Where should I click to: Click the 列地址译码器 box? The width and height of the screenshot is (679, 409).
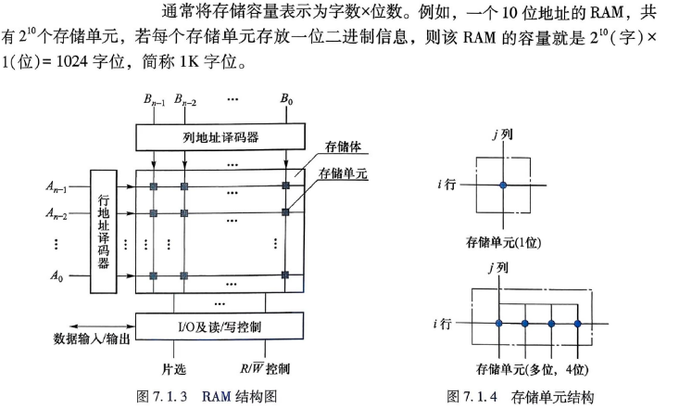220,137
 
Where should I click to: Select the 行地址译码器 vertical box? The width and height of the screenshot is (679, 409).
104,232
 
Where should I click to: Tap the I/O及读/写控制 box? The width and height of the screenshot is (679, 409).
220,326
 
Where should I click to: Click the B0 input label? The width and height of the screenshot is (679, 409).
286,99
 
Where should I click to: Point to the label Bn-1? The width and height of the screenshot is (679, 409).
154,100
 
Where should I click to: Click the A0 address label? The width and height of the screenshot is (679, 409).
57,275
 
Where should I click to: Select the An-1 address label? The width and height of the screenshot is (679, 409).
57,187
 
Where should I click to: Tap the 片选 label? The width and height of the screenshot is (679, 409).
173,369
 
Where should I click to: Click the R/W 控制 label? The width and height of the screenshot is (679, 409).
265,369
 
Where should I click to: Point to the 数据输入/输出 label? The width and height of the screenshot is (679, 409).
92,339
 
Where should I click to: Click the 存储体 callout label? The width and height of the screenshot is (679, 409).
343,147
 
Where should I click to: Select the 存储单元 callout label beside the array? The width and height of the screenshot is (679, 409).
343,173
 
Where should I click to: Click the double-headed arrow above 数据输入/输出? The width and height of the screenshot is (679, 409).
102,326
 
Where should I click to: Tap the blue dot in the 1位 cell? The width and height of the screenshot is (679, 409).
503,185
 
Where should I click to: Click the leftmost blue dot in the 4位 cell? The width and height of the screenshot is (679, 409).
499,323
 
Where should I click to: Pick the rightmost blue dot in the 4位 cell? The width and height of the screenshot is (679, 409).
577,324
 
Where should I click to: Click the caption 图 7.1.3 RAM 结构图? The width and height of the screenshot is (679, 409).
207,396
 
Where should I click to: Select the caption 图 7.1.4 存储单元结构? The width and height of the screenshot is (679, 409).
520,396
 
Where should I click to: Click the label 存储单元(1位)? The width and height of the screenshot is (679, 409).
503,242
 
